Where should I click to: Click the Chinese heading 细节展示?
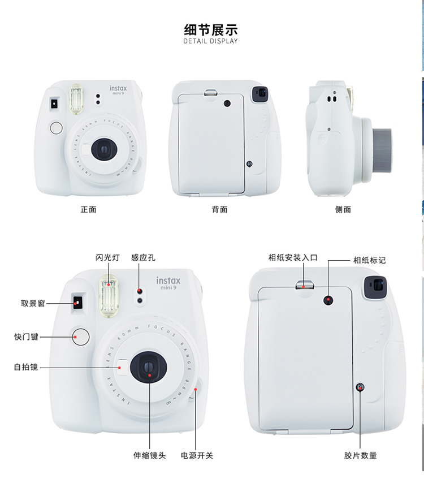pyautogui.click(x=211, y=29)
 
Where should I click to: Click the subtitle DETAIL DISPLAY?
pyautogui.click(x=211, y=41)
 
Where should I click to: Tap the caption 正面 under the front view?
pyautogui.click(x=88, y=209)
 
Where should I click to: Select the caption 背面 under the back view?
pyautogui.click(x=219, y=209)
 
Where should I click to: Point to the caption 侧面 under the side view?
pyautogui.click(x=343, y=209)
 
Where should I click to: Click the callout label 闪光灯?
pyautogui.click(x=107, y=257)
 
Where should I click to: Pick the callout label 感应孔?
pyautogui.click(x=143, y=257)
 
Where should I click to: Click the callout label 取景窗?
pyautogui.click(x=33, y=304)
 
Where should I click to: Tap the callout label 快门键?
pyautogui.click(x=26, y=337)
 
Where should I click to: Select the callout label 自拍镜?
pyautogui.click(x=26, y=367)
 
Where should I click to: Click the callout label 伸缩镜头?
pyautogui.click(x=149, y=455)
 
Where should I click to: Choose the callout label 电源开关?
pyautogui.click(x=197, y=455)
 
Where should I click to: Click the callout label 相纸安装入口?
pyautogui.click(x=293, y=257)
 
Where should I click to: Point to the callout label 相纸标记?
pyautogui.click(x=369, y=260)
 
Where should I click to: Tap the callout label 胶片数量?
pyautogui.click(x=360, y=455)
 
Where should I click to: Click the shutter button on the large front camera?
pyautogui.click(x=81, y=337)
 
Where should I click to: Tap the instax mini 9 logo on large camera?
pyautogui.click(x=168, y=283)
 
